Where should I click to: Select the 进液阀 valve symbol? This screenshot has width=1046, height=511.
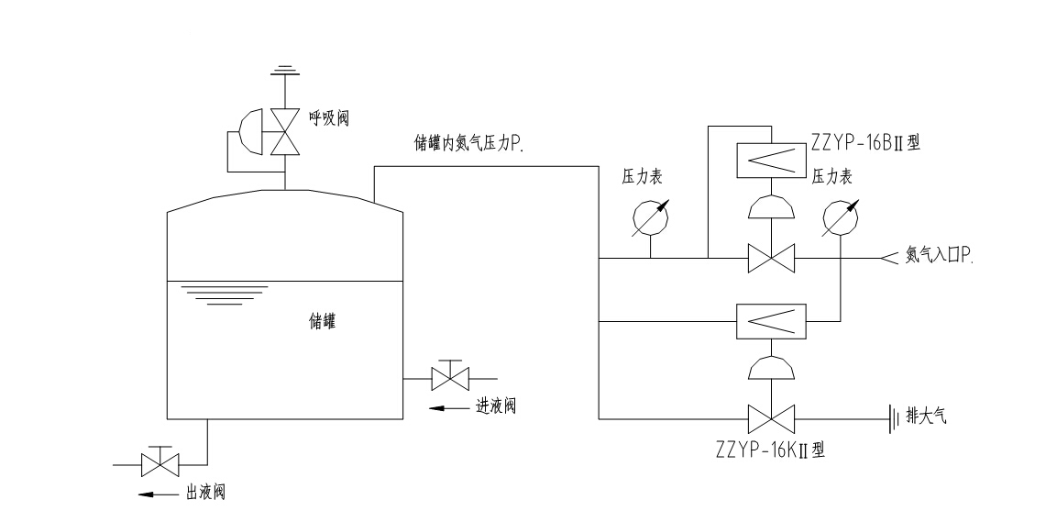click(450, 377)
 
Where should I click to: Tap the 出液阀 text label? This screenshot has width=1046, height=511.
click(205, 493)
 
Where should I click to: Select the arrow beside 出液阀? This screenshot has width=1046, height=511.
click(157, 494)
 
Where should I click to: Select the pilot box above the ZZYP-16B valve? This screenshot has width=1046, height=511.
click(772, 162)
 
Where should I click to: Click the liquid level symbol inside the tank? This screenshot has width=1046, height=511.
click(224, 294)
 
